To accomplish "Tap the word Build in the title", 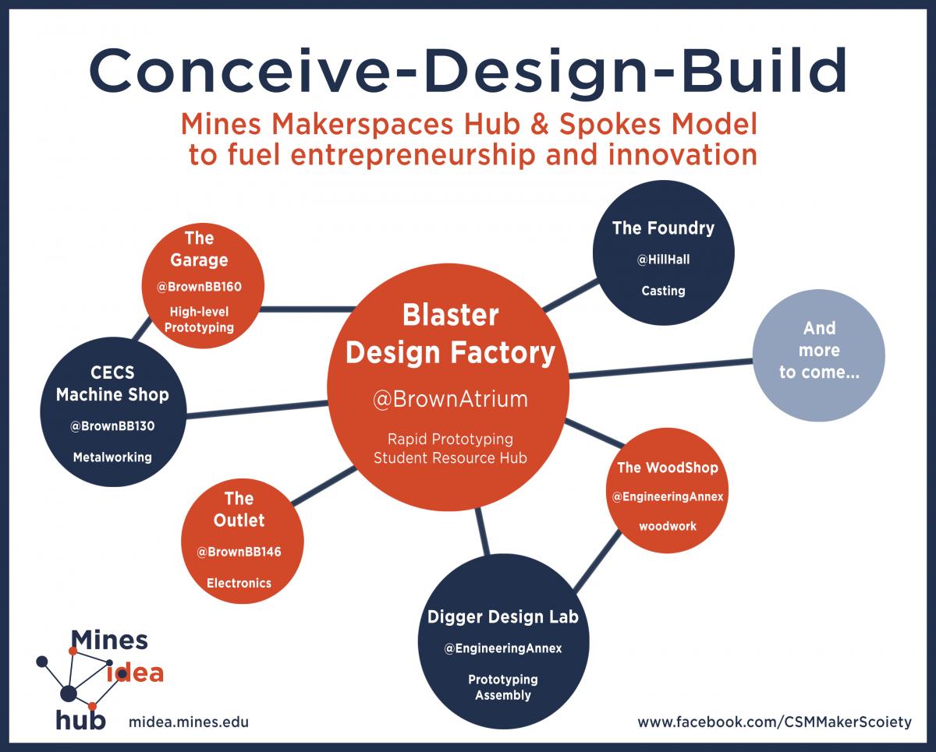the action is (764, 70).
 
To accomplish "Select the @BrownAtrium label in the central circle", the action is (450, 399).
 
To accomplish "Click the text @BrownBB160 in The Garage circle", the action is (199, 287).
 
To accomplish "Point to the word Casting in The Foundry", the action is (663, 291).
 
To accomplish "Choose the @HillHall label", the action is (663, 259).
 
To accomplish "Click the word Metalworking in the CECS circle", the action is (112, 457).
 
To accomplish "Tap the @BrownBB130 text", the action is (112, 426).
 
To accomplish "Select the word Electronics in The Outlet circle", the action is (239, 583).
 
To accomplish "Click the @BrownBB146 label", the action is (239, 552).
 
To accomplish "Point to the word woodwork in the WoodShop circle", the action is (668, 527).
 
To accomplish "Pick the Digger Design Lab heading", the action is (503, 617).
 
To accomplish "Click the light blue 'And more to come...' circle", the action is (819, 355).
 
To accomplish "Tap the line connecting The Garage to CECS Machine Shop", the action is (142, 329).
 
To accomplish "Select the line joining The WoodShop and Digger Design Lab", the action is (597, 561).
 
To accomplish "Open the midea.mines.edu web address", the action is (189, 722).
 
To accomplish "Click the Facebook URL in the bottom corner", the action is (775, 722).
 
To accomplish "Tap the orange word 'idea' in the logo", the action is (135, 673).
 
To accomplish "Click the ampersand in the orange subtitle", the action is (540, 124).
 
